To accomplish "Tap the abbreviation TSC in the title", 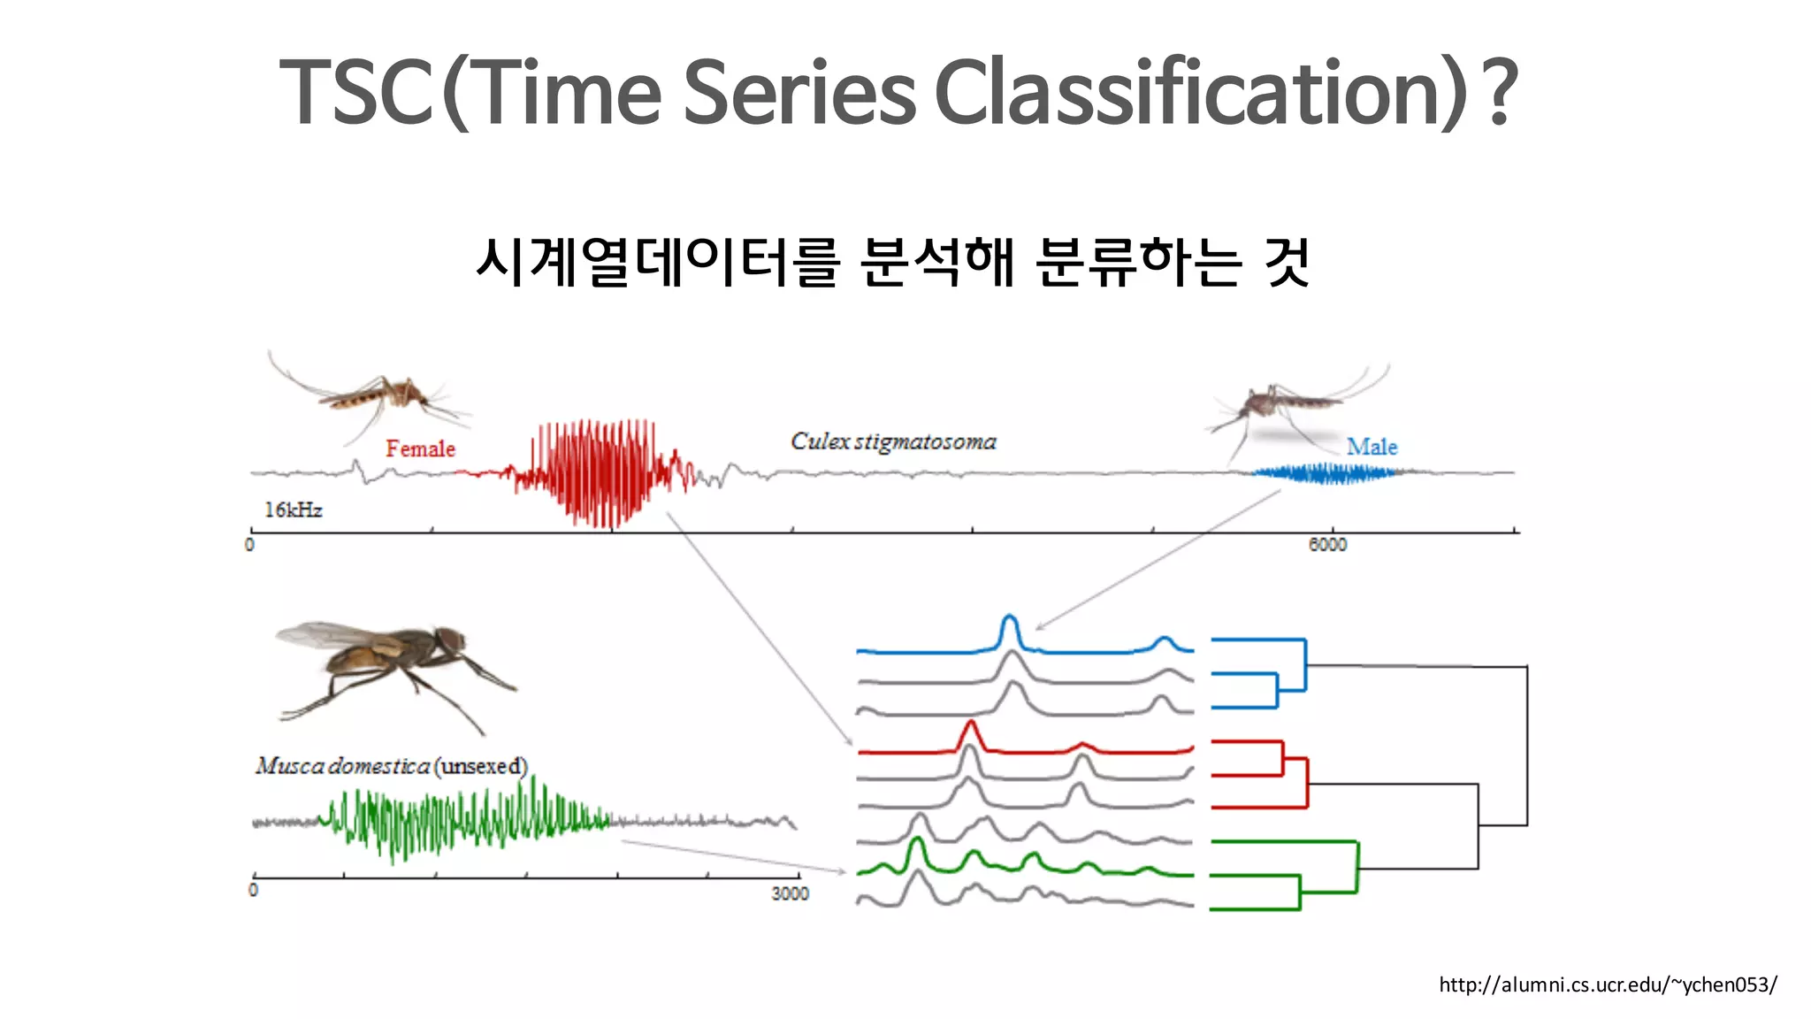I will (356, 92).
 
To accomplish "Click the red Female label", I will (420, 449).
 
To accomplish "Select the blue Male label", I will (1372, 448).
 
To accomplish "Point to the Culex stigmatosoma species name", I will (893, 441).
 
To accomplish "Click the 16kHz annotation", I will (293, 510).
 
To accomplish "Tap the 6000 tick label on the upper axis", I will (1327, 545).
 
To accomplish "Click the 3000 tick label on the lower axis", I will (789, 894).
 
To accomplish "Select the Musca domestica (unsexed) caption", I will (391, 766).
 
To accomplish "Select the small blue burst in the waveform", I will (1326, 474).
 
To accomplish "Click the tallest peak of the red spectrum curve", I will (971, 727).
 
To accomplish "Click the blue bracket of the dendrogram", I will (1305, 665).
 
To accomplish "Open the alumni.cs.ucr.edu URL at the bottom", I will (1607, 985).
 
